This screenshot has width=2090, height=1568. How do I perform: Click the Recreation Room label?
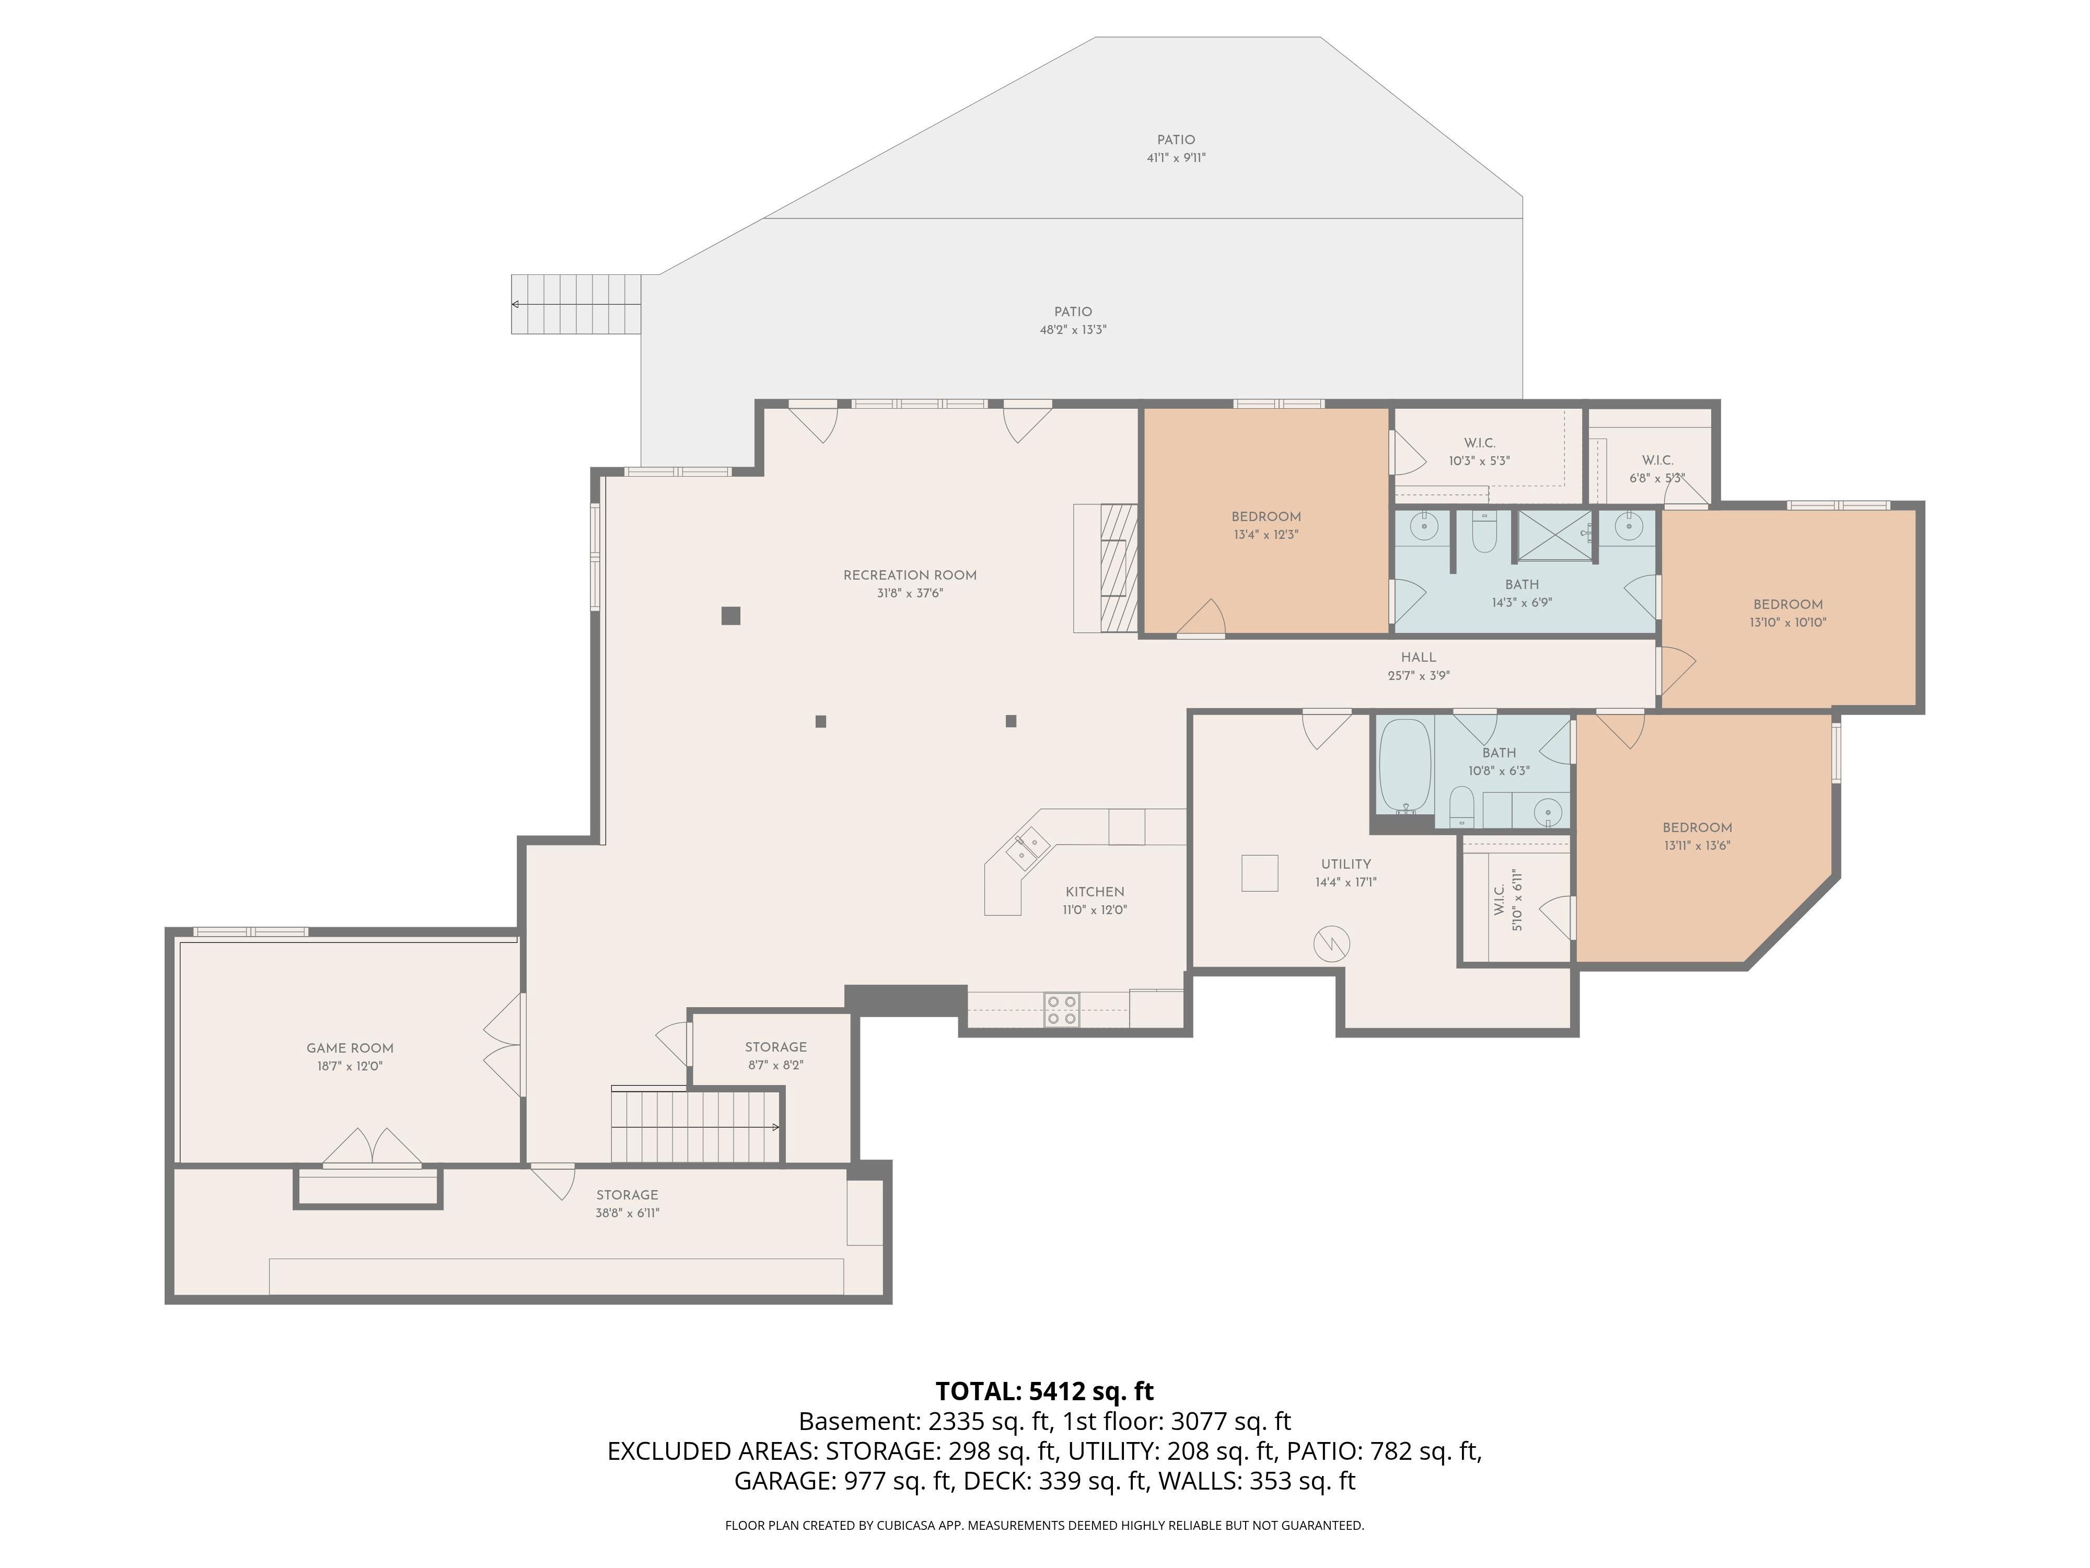[x=910, y=574]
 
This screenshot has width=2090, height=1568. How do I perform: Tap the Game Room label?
[x=350, y=1047]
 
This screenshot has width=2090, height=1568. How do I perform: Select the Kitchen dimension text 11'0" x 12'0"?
[x=1095, y=910]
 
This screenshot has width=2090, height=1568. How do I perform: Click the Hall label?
[x=1418, y=657]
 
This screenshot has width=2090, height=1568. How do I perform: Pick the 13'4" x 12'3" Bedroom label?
[x=1266, y=516]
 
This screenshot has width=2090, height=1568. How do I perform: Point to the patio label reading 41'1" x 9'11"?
[x=1176, y=158]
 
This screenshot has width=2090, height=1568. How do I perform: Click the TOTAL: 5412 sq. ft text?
[x=1044, y=1391]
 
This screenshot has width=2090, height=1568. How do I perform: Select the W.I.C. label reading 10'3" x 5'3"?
[x=1480, y=443]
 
